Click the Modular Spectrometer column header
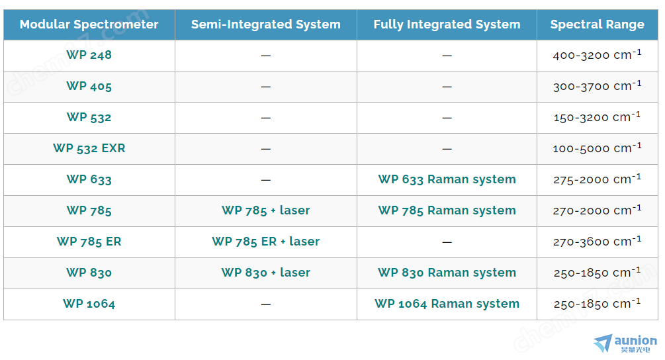point(89,24)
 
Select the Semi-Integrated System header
point(266,24)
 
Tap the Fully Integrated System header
point(447,24)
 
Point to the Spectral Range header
point(597,24)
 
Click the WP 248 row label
point(89,55)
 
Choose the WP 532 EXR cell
point(89,148)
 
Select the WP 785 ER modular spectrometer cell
point(89,242)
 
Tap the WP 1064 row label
point(89,304)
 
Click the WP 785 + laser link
point(266,210)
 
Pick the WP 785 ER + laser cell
point(266,242)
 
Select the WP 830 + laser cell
point(266,273)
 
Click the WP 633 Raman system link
point(447,179)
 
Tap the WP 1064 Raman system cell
point(447,304)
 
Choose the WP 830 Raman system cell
point(447,273)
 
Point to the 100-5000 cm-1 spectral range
point(597,148)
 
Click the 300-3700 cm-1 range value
point(597,85)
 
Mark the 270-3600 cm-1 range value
point(597,241)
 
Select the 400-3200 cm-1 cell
point(597,54)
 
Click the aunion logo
point(625,343)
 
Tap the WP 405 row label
point(89,87)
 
